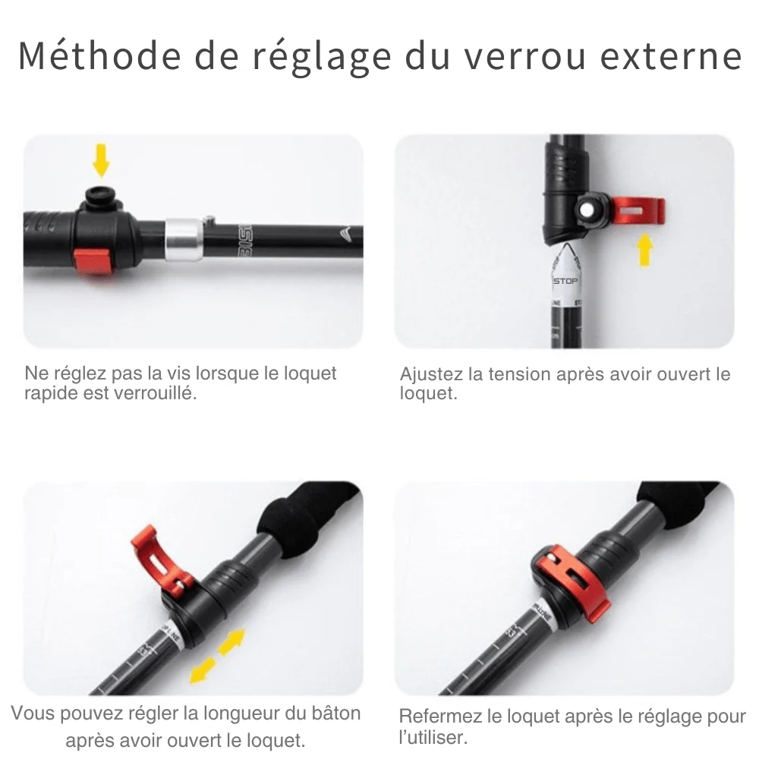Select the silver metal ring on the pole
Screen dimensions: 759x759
point(184,240)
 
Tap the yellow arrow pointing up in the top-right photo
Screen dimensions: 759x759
point(644,249)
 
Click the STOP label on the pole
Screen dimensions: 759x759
point(565,281)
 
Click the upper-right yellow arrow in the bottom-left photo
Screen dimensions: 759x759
point(235,639)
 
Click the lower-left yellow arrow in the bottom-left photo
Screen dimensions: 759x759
point(203,669)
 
